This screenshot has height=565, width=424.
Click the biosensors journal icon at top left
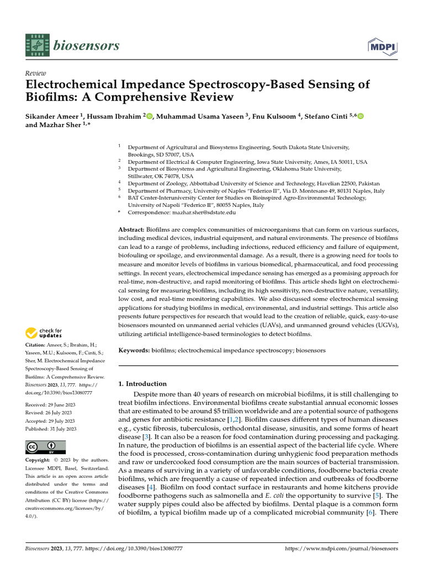[36, 46]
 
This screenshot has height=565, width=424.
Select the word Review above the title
[36, 73]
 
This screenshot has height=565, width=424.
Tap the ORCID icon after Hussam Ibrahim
[149, 115]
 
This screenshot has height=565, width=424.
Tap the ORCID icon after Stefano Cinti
[361, 115]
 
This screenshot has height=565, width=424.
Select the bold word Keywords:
[134, 350]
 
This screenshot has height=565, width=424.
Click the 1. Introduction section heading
[142, 383]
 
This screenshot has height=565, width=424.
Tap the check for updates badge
[45, 333]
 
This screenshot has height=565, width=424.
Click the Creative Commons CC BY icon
[45, 447]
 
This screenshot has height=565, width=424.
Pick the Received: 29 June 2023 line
[51, 405]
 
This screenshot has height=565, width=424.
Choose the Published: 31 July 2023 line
[51, 429]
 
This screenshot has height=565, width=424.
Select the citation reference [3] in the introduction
[146, 437]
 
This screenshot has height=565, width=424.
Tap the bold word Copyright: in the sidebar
[41, 460]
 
